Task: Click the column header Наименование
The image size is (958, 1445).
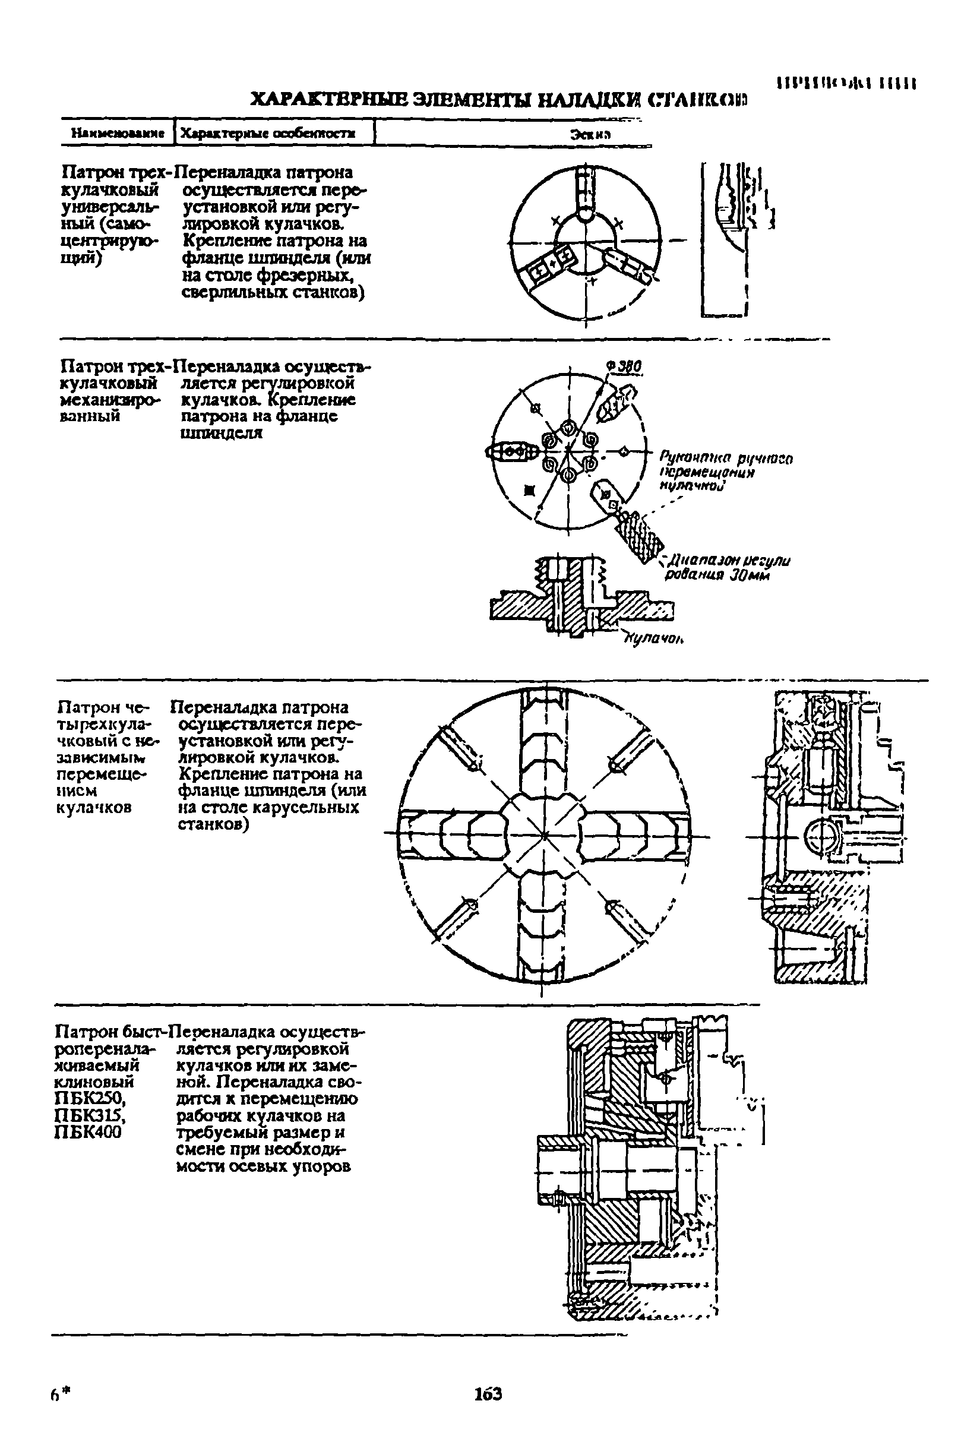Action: [118, 132]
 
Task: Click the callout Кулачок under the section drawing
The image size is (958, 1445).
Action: [653, 639]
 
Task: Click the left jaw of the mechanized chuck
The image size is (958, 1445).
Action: [512, 451]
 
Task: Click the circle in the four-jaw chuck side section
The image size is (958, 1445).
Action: [820, 836]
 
